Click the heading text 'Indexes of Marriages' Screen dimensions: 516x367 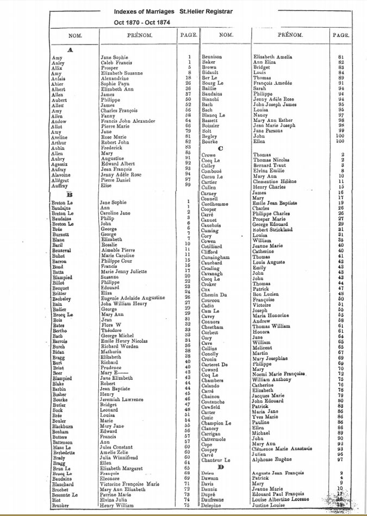145,11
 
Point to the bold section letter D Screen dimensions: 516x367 220,467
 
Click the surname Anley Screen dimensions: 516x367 58,63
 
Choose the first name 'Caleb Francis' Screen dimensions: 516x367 115,63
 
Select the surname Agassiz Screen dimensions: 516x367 60,163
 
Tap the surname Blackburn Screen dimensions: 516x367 64,427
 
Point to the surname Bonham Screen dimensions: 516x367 61,432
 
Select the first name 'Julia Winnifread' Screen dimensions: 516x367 122,457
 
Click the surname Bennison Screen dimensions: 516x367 212,57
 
